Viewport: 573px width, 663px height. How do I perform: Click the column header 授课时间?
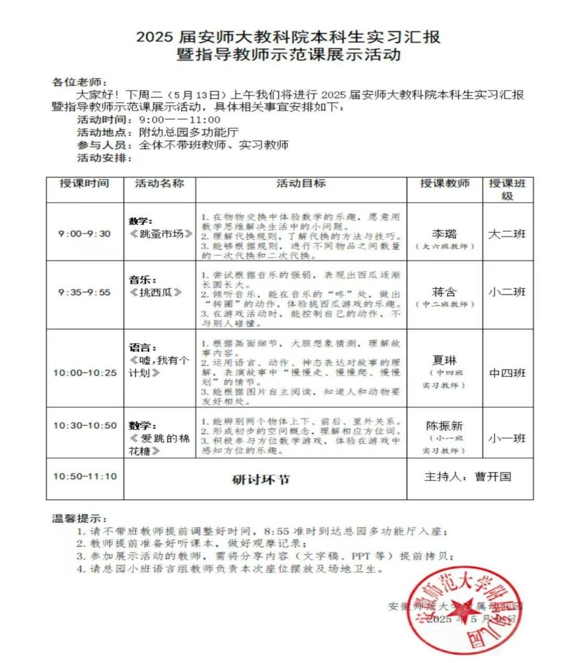pos(84,183)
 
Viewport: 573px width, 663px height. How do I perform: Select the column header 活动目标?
pos(301,183)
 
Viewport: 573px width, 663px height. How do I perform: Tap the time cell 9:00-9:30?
pos(84,234)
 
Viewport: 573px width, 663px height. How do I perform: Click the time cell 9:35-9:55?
pos(84,292)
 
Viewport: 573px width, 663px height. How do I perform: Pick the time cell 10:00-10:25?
pos(85,373)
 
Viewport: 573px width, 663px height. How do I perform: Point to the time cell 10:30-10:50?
pos(85,425)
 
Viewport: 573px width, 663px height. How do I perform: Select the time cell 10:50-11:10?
pos(85,476)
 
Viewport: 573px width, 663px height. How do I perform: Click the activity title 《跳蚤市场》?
pos(161,234)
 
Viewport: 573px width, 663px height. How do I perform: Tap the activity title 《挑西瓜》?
pos(156,292)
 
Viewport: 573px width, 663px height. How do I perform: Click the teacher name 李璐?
pos(444,234)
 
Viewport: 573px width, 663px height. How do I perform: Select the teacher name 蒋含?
pos(444,292)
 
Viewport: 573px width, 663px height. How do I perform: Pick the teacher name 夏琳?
pos(444,361)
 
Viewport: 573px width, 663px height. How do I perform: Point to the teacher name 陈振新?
pos(444,426)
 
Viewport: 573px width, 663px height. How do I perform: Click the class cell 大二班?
pos(506,234)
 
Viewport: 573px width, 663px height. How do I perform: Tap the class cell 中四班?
pos(507,373)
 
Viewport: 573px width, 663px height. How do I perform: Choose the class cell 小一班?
pos(507,438)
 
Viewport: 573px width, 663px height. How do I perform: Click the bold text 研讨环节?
pos(261,480)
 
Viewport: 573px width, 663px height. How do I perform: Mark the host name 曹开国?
pos(493,477)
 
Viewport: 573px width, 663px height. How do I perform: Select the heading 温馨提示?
pos(78,519)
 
